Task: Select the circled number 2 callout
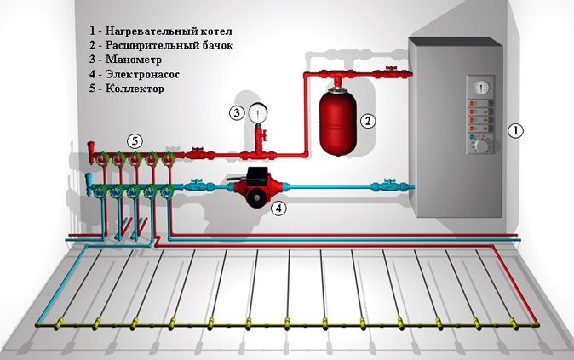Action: tap(368, 121)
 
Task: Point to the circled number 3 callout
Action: tap(236, 111)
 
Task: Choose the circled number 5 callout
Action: tap(135, 139)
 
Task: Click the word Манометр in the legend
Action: tap(136, 60)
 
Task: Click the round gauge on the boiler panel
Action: tap(478, 86)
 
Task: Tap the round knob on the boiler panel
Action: tap(481, 145)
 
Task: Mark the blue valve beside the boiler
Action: tap(389, 183)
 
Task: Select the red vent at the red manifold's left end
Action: tap(92, 156)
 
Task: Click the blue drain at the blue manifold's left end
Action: tap(91, 183)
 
